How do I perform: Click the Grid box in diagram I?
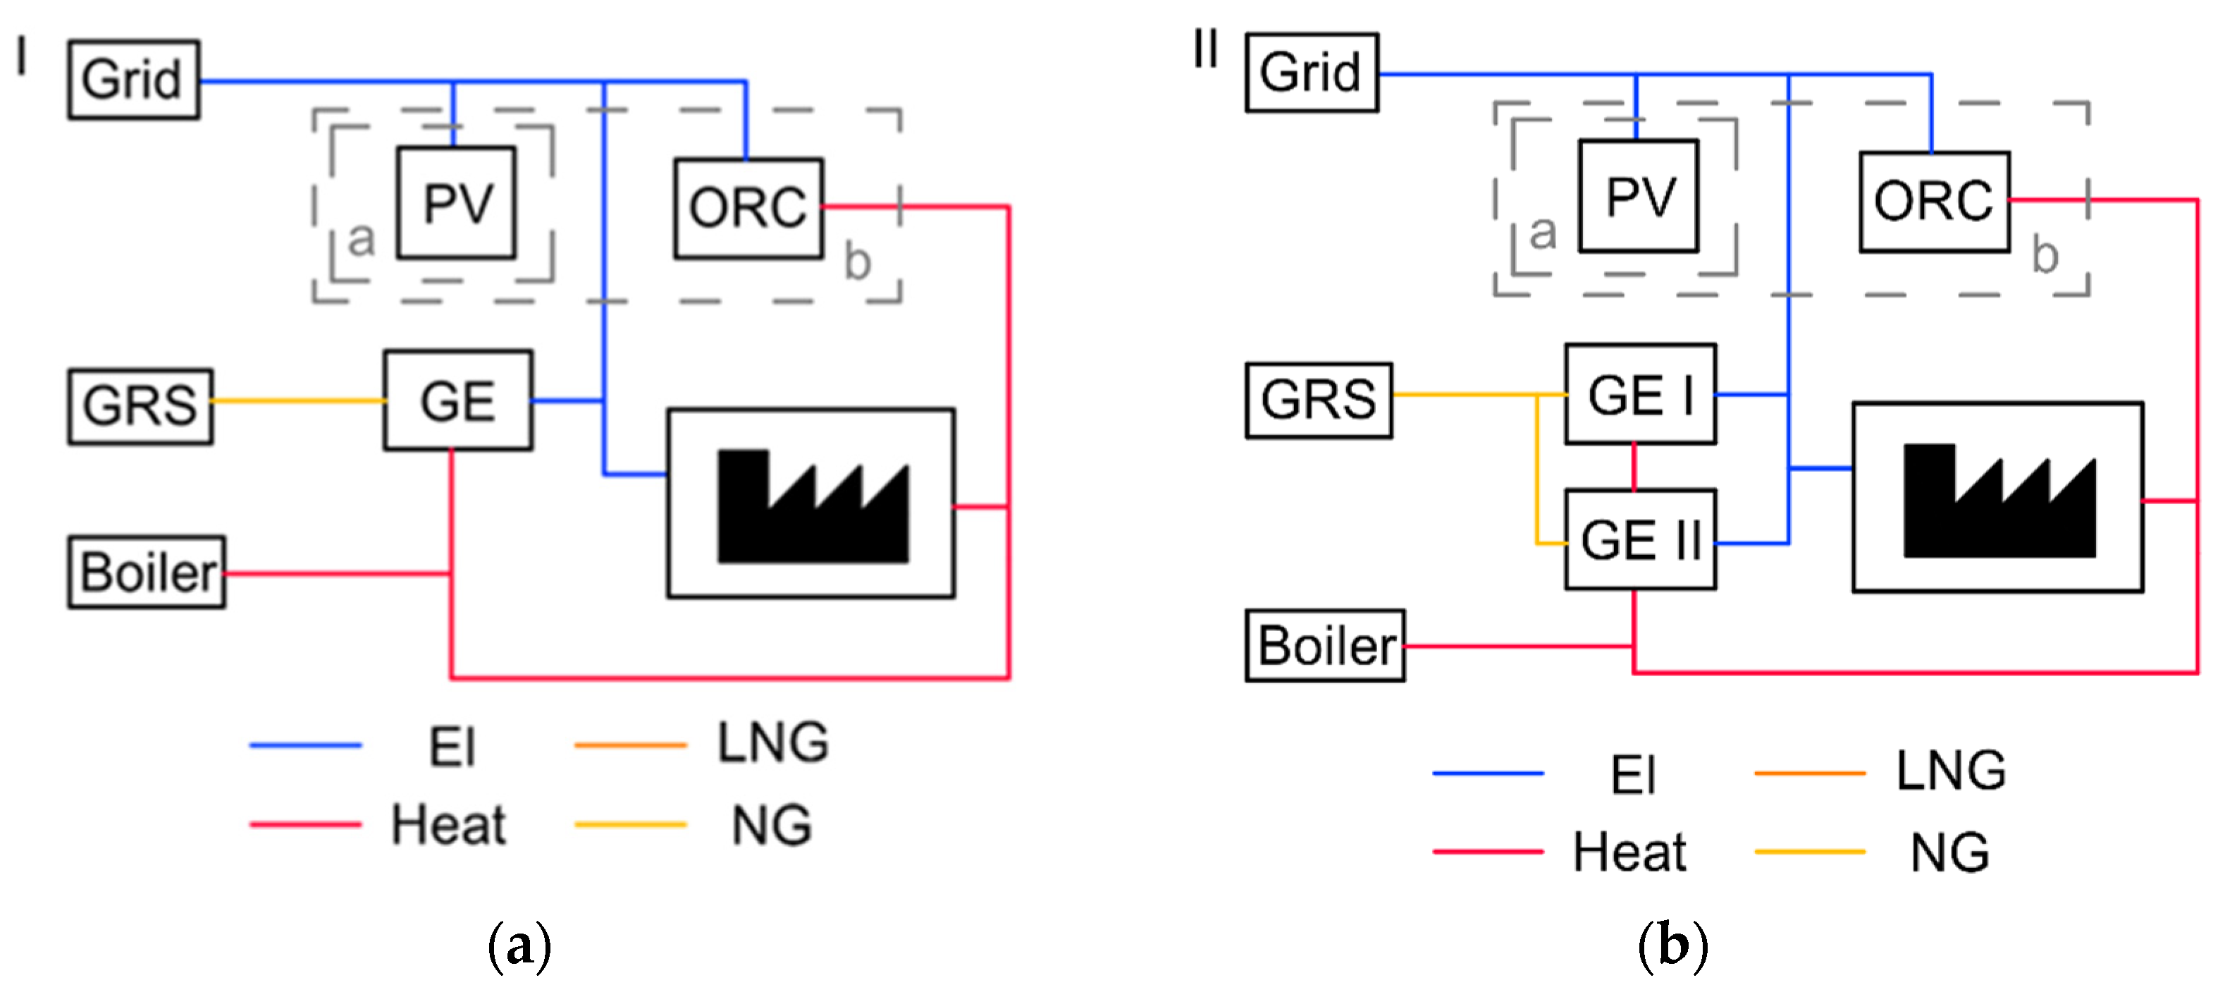[133, 80]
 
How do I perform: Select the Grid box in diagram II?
[1310, 73]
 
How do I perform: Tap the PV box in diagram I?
[456, 203]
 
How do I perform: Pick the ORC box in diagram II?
[1934, 202]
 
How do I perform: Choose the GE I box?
[1639, 395]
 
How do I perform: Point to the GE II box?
[1639, 540]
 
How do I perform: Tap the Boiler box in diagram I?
[147, 573]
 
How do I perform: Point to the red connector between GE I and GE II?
[1634, 467]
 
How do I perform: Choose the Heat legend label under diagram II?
[1628, 853]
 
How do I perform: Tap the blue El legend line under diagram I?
[305, 745]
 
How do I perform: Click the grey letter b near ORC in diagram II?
[2045, 256]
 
